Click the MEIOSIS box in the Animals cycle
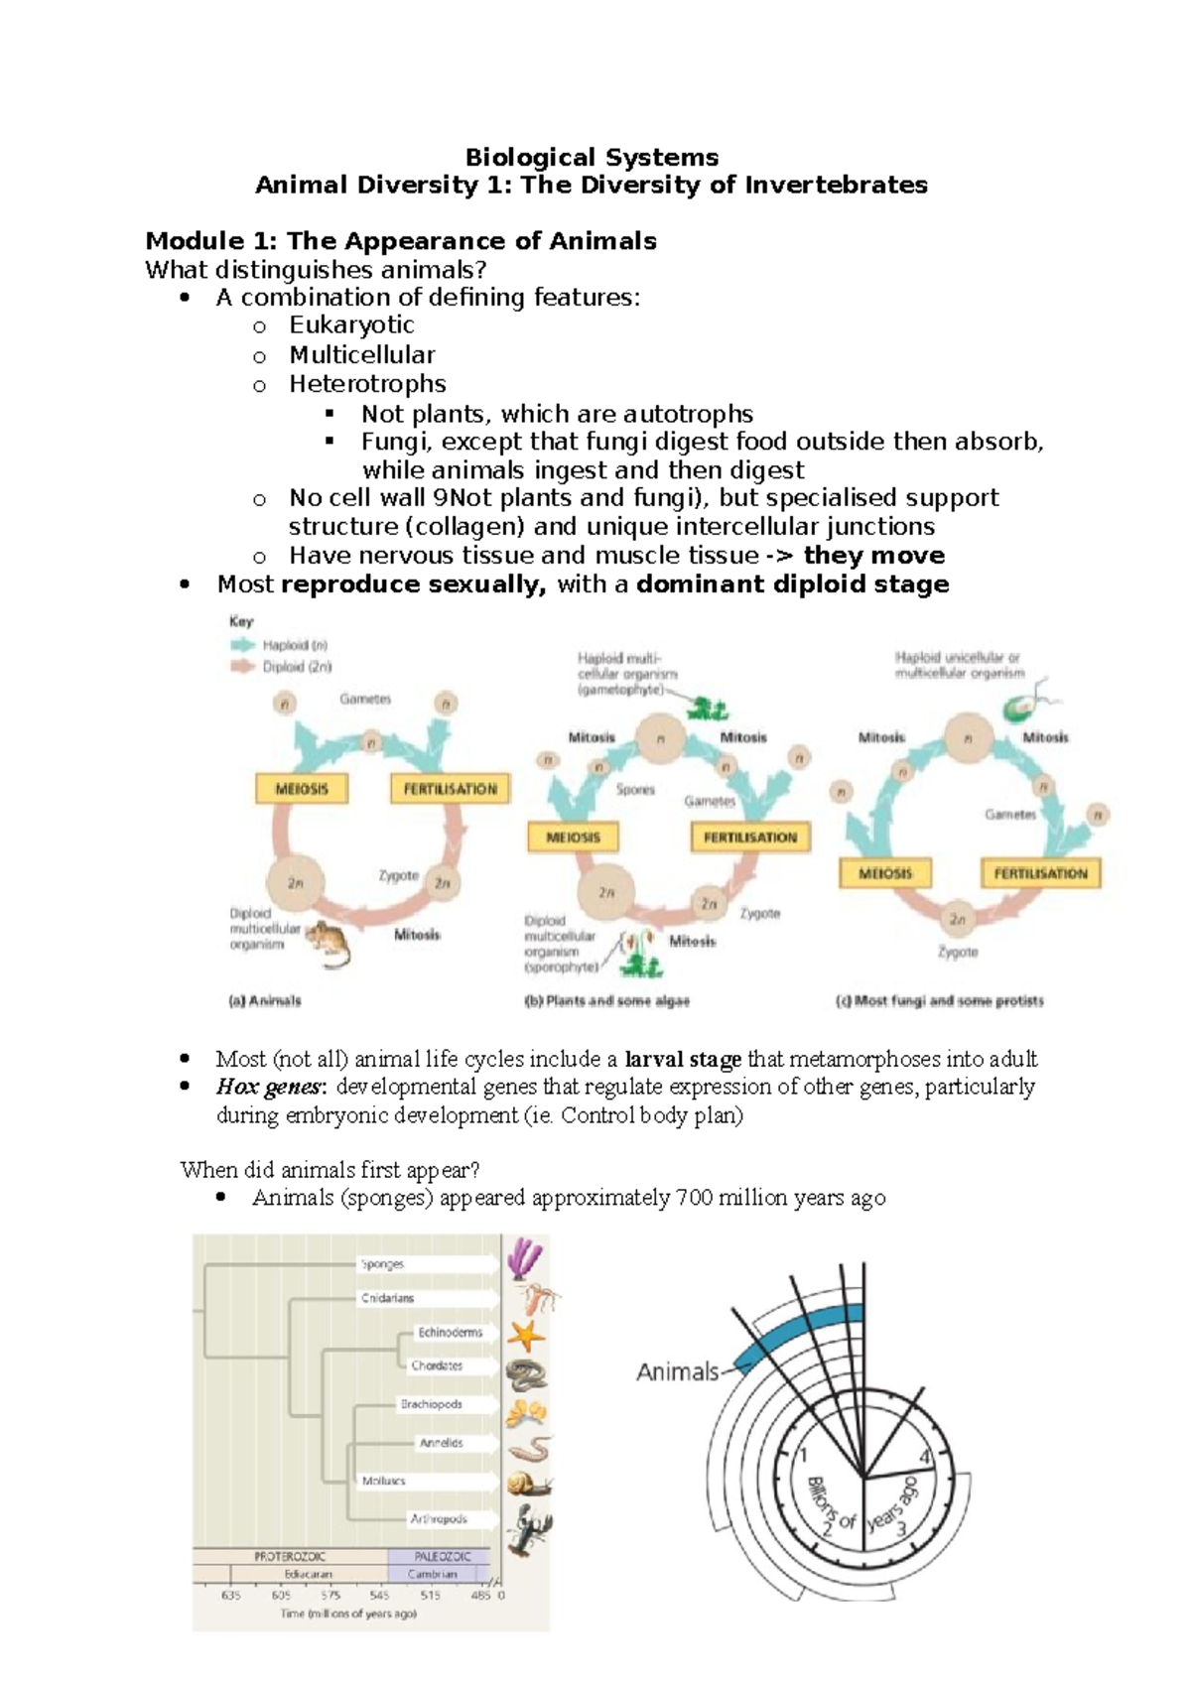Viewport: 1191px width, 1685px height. [301, 789]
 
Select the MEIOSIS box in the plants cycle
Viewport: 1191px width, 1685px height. [573, 837]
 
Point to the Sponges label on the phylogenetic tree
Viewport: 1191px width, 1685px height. [382, 1263]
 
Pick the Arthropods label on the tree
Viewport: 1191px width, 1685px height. [438, 1518]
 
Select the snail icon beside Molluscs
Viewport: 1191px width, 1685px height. [528, 1485]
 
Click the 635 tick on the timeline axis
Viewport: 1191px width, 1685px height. [230, 1596]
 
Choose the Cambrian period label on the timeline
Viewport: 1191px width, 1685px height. [433, 1574]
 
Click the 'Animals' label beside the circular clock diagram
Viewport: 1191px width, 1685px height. [677, 1371]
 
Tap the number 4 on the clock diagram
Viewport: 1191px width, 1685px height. [925, 1457]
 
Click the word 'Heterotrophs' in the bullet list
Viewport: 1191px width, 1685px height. [367, 384]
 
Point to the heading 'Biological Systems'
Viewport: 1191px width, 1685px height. [592, 157]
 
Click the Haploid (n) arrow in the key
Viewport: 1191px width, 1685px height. [243, 645]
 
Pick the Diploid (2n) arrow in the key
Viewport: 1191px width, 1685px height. [243, 667]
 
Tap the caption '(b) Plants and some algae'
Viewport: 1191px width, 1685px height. [606, 1001]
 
